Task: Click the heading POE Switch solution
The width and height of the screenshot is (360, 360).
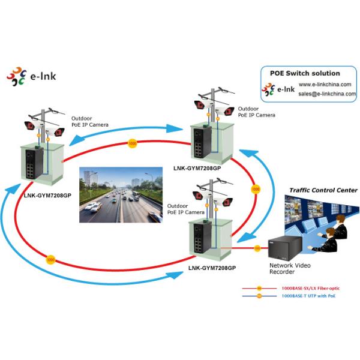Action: click(304, 73)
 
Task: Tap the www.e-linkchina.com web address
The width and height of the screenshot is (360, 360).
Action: click(327, 85)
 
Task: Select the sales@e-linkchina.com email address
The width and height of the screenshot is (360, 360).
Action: click(327, 94)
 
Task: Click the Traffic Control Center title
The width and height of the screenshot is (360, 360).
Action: click(323, 190)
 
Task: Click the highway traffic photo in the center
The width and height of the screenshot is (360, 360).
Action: click(121, 194)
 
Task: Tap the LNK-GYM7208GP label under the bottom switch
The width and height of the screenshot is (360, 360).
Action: click(212, 268)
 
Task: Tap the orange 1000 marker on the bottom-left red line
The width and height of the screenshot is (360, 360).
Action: click(50, 260)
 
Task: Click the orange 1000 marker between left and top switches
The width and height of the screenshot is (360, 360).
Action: click(131, 143)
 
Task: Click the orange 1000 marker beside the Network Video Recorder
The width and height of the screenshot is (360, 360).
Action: click(257, 247)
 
